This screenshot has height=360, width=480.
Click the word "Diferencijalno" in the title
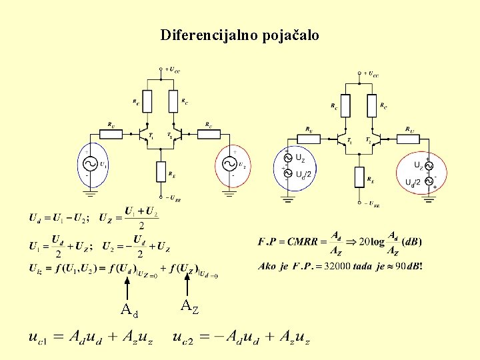coord(203,35)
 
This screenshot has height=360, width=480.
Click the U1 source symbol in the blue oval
coord(90,164)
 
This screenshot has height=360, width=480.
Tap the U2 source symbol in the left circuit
coord(229,164)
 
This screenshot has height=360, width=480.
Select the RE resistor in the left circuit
coord(161,171)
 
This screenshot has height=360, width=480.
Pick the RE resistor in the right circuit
coord(359,178)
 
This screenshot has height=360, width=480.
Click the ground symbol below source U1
coord(90,193)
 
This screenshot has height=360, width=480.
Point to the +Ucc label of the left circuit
coord(173,69)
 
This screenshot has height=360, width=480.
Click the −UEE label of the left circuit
coord(173,198)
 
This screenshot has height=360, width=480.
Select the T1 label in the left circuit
coord(151,135)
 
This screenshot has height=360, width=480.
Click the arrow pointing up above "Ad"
coord(127,288)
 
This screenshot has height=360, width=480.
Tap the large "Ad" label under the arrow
coord(129,309)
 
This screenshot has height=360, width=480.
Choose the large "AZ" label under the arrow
coord(189,307)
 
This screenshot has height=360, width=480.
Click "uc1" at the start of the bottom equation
coord(39,337)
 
